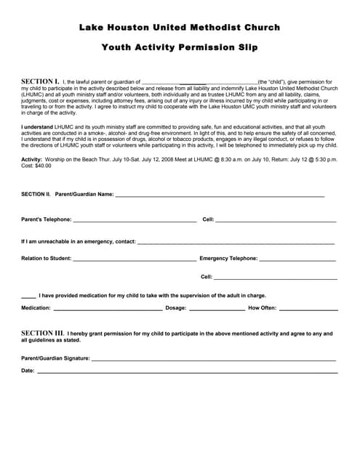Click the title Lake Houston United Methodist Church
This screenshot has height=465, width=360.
tap(180, 28)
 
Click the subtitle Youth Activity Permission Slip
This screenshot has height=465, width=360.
tap(180, 48)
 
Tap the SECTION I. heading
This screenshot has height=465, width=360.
tap(40, 81)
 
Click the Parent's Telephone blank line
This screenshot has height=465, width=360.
tap(135, 220)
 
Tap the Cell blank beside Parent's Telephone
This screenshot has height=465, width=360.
tap(276, 220)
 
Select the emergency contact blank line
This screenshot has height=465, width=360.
tap(236, 243)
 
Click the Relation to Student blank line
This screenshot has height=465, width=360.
tap(135, 259)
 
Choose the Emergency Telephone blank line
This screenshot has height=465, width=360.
tap(297, 259)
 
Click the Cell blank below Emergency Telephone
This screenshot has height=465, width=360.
tap(276, 278)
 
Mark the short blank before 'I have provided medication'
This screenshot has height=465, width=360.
tap(28, 297)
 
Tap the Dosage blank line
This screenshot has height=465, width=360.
tap(217, 310)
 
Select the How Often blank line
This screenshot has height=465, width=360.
tap(308, 310)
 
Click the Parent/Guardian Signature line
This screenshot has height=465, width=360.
tap(214, 360)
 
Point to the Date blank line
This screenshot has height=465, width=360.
tap(188, 372)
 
